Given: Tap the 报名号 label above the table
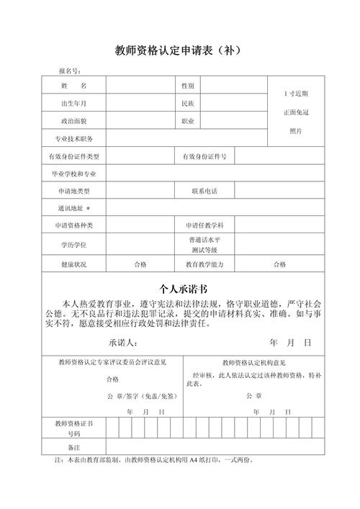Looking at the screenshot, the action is (70, 71).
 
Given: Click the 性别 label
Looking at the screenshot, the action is (188, 86).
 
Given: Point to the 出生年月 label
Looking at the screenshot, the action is (73, 104).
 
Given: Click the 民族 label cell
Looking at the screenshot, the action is (188, 104).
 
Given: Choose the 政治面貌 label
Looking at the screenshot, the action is (73, 122).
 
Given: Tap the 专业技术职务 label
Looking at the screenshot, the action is (75, 139).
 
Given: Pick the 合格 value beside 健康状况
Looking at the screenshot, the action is (140, 264).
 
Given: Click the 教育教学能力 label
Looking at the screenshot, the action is (204, 264).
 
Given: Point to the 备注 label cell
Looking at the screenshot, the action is (73, 447).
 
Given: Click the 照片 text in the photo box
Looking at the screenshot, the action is (296, 130).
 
